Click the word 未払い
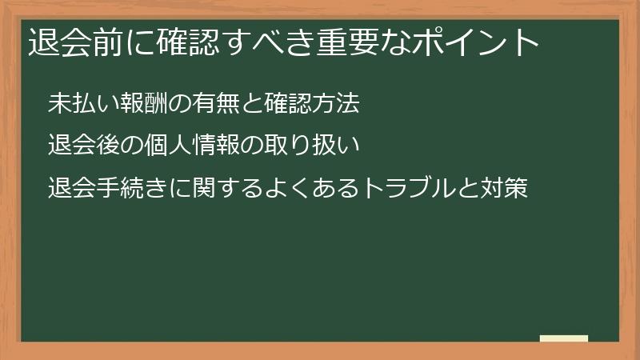tap(80, 104)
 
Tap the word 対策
tap(502, 190)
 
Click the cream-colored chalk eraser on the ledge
tap(564, 338)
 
